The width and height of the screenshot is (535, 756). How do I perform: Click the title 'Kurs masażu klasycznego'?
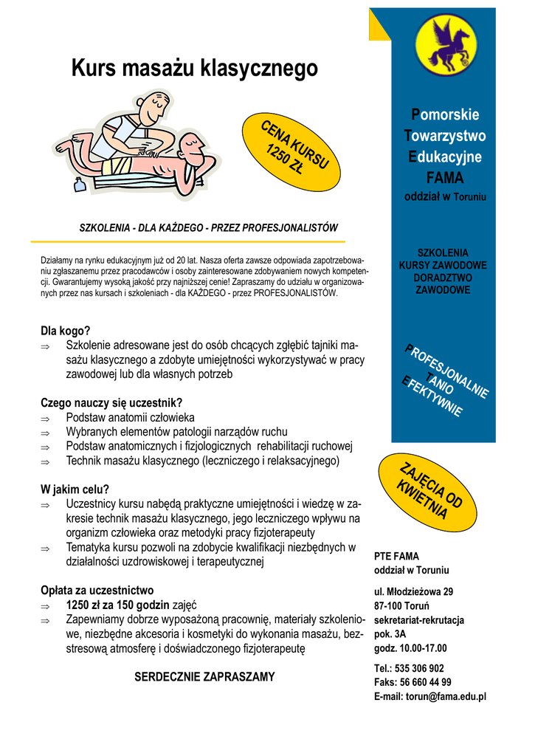click(195, 69)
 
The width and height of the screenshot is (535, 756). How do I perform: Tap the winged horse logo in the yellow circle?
click(444, 47)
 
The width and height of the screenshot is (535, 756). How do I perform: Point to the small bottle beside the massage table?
click(80, 184)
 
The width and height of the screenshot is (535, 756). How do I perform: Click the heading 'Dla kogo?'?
click(65, 331)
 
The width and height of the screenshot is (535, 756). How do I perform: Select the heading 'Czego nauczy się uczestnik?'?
click(111, 402)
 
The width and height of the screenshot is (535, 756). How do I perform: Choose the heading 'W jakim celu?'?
click(75, 489)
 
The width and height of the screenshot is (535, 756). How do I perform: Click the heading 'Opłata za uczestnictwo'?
click(97, 590)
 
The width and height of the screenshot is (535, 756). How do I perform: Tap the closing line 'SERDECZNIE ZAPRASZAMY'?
click(204, 676)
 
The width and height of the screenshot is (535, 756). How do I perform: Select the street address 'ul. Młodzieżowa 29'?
click(413, 591)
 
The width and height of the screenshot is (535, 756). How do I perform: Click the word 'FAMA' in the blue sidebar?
click(444, 178)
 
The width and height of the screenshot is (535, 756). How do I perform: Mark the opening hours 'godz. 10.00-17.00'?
click(410, 648)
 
